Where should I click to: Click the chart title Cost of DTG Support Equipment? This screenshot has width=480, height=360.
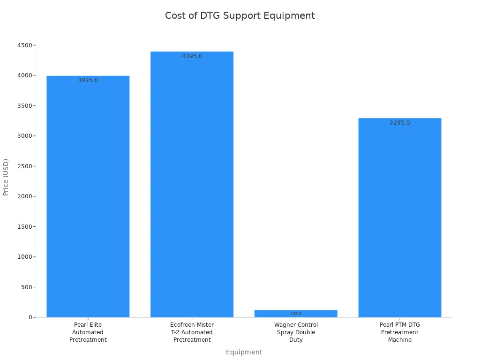tap(240, 15)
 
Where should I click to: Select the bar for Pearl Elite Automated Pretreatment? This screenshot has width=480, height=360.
tap(88, 197)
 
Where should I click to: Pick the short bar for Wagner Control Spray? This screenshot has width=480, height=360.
tap(296, 314)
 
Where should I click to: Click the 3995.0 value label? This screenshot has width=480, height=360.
tap(88, 80)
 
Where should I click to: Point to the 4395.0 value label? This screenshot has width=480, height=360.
tap(192, 56)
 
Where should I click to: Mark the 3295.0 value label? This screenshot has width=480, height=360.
tap(400, 123)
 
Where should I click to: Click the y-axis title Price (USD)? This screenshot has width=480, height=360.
tap(6, 177)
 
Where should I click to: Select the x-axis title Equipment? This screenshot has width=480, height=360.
tap(244, 352)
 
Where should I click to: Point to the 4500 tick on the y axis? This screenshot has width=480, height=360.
tap(24, 45)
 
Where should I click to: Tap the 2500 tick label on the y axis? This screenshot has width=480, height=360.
tap(24, 166)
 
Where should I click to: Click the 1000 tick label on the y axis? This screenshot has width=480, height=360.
tap(24, 257)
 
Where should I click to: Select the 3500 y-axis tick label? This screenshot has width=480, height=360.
tap(24, 105)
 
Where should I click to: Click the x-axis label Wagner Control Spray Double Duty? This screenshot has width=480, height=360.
tap(296, 332)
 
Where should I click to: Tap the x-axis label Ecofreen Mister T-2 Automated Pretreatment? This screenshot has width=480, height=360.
tap(192, 332)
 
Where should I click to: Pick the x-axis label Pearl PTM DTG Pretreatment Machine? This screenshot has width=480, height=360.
tap(400, 332)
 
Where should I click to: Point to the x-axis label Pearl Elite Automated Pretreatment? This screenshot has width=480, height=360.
tap(88, 332)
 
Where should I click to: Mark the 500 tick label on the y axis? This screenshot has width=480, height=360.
tap(26, 287)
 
